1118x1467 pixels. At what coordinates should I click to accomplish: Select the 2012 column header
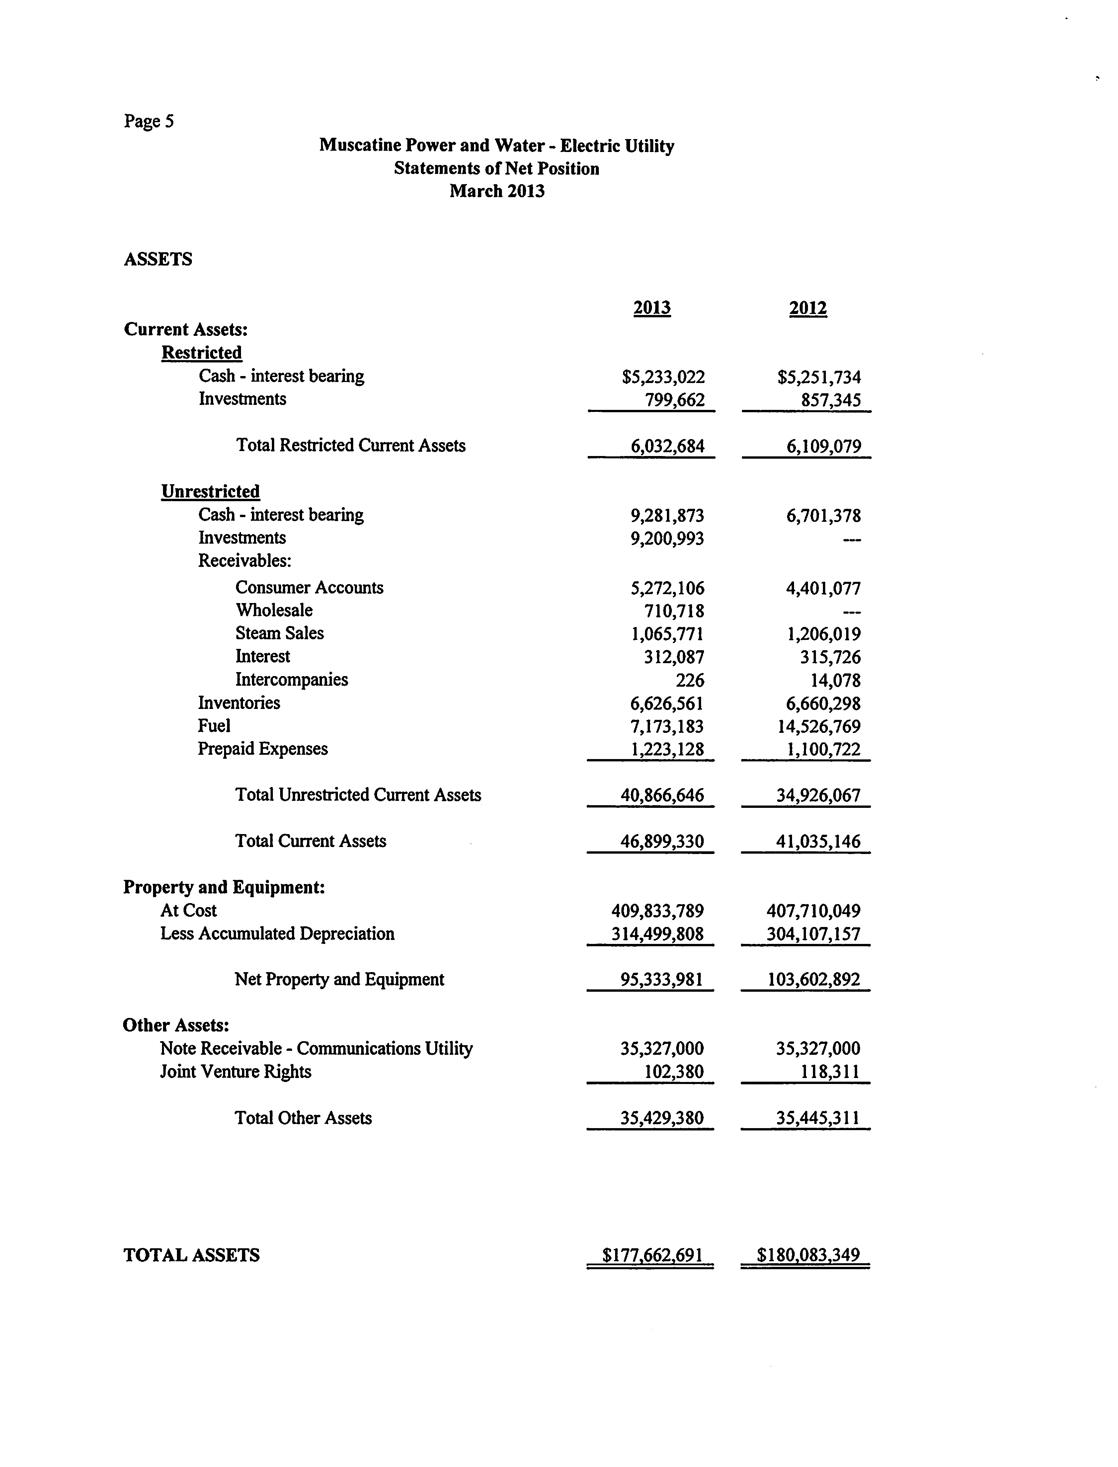tap(808, 308)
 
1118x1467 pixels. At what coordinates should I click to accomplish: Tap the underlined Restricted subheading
tap(201, 352)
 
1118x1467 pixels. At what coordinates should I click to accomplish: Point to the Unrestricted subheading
tap(210, 492)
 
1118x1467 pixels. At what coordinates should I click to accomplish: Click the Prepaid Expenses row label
tap(263, 749)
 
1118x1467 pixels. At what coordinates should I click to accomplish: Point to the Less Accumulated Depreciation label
tap(277, 934)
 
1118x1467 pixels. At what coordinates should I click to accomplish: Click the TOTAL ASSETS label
tap(192, 1256)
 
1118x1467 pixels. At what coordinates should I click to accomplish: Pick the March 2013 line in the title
tap(497, 192)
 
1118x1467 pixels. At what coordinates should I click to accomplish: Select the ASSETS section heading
tap(158, 260)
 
